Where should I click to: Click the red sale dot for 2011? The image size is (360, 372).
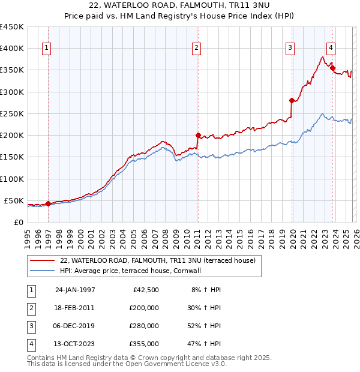click(x=197, y=136)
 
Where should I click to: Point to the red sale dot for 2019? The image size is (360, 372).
click(x=292, y=101)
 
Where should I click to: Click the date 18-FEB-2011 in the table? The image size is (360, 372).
click(x=74, y=308)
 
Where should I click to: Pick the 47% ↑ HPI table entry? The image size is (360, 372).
click(x=206, y=344)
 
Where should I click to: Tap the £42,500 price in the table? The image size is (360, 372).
click(x=146, y=290)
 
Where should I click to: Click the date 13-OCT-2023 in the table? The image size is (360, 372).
click(x=74, y=344)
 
